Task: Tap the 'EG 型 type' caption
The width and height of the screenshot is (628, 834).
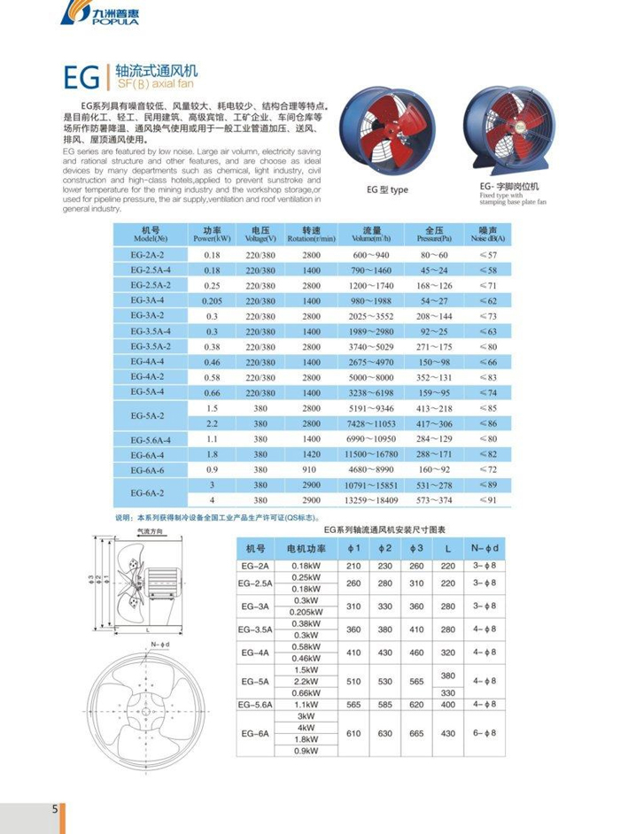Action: [387, 189]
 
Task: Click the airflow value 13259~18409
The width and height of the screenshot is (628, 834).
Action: [371, 500]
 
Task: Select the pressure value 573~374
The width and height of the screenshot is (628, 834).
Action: [432, 500]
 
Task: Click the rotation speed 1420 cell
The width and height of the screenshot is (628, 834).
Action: [311, 453]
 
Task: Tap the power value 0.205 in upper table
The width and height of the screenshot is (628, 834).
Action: [212, 300]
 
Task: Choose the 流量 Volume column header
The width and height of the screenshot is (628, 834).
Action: [371, 234]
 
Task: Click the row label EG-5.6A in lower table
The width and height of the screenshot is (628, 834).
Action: [255, 705]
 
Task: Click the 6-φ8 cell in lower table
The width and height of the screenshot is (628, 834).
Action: [483, 734]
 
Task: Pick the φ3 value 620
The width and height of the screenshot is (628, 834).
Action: [416, 705]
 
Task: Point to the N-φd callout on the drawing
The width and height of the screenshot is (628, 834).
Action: [160, 644]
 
